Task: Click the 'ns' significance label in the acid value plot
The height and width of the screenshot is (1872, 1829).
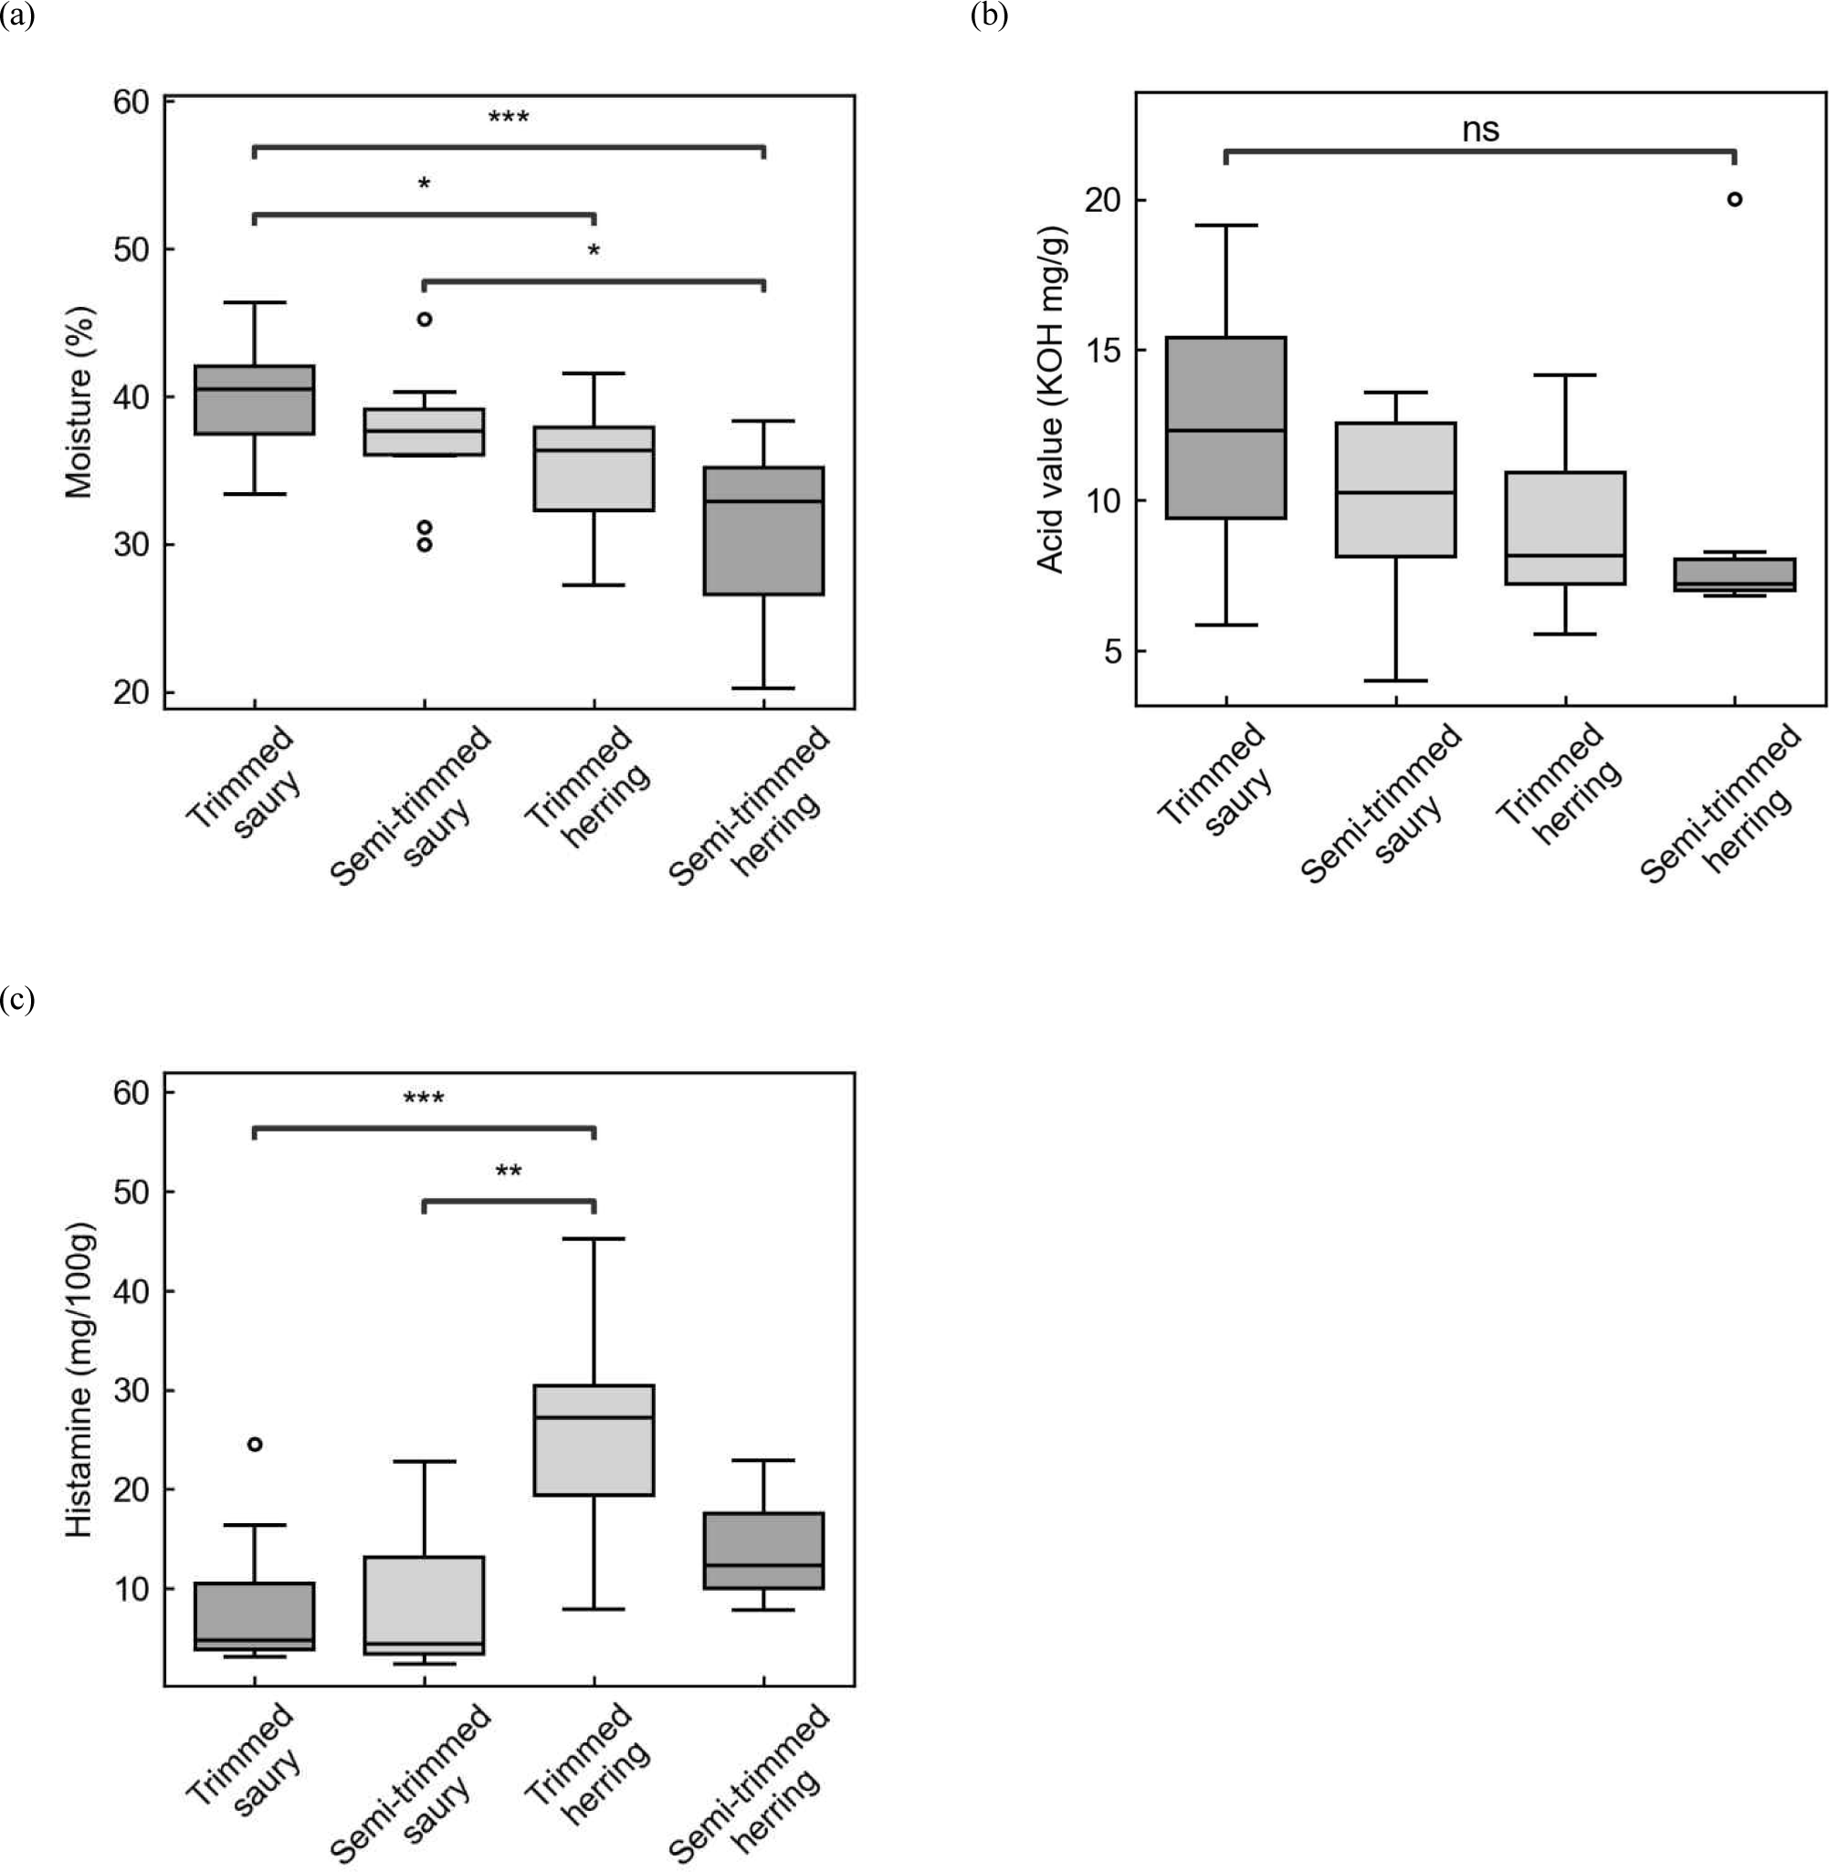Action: [1480, 131]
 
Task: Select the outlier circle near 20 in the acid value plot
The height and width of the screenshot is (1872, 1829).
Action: [1734, 199]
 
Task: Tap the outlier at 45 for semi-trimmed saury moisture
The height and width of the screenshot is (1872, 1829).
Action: [425, 319]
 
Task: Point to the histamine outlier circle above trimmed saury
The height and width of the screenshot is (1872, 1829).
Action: [255, 1444]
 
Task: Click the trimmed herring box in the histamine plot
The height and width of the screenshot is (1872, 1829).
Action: [594, 1439]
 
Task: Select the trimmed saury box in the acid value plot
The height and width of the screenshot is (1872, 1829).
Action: [1225, 427]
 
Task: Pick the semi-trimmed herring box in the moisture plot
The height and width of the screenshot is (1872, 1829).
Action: [763, 531]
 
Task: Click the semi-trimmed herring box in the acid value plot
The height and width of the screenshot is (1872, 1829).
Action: [1734, 574]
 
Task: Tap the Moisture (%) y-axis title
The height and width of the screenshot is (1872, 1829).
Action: [79, 403]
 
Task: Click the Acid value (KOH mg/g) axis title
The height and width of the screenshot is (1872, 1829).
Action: [1052, 400]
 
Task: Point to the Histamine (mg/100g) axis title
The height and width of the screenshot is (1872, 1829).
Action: [79, 1380]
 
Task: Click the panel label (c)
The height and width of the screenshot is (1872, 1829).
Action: [17, 999]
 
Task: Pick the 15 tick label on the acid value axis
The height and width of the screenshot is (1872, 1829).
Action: [1104, 350]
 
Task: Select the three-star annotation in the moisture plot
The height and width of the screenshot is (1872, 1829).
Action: [509, 118]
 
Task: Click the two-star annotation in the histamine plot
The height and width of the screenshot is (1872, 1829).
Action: [509, 1172]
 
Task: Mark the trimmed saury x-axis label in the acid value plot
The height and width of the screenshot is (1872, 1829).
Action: [1216, 785]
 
